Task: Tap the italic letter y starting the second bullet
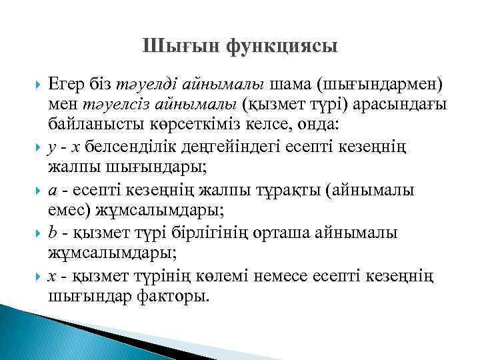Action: (x=53, y=147)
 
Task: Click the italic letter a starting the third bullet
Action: (x=53, y=190)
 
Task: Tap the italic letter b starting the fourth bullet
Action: (x=53, y=233)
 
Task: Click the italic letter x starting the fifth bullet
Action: (x=53, y=277)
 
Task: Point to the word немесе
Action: (x=296, y=277)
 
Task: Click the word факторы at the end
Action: (x=170, y=295)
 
